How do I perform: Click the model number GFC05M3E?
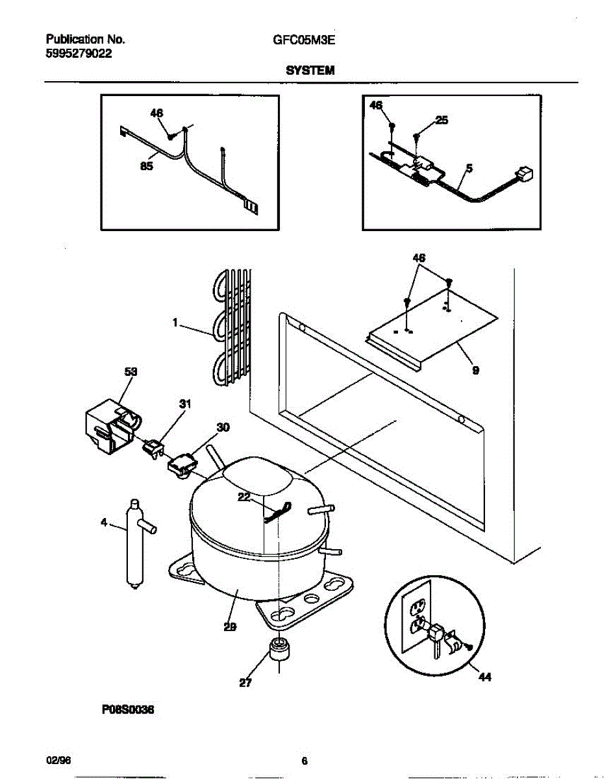click(304, 39)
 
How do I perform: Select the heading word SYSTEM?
click(310, 70)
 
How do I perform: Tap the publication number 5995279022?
click(79, 55)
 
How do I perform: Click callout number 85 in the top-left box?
click(147, 166)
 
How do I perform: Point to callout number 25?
click(441, 120)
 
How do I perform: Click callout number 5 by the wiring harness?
click(469, 168)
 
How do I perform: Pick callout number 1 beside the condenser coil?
click(175, 320)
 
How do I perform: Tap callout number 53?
click(131, 372)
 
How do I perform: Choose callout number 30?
click(223, 427)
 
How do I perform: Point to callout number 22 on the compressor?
click(244, 497)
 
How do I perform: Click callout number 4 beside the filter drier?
click(104, 521)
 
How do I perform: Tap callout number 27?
click(245, 682)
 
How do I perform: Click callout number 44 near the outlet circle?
click(485, 678)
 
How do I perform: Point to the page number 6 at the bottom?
click(305, 761)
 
